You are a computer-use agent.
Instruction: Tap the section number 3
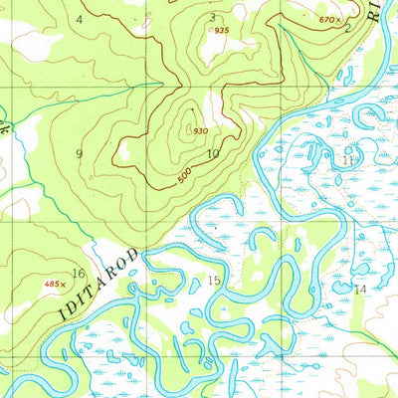[x=212, y=17]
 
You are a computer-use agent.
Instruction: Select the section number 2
[x=346, y=29]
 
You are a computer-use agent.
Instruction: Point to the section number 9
[x=79, y=152]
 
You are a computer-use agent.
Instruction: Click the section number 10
[x=213, y=153]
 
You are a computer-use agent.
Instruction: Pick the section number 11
[x=347, y=159]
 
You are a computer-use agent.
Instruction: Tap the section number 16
[x=78, y=274]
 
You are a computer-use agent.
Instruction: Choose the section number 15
[x=214, y=281]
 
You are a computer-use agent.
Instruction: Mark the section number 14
[x=360, y=289]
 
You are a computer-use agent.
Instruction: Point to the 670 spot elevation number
[x=324, y=19]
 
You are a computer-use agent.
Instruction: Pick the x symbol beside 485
[x=66, y=284]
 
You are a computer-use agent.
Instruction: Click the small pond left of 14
[x=341, y=289]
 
